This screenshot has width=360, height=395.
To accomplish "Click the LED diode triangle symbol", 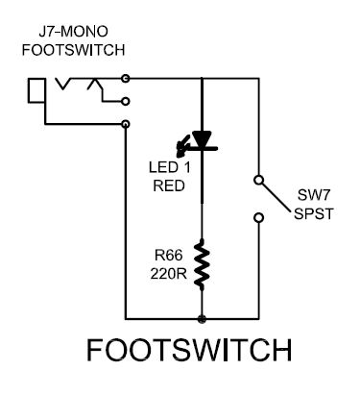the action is pos(202,139).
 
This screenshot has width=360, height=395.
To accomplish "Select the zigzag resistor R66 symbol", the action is pos(202,263).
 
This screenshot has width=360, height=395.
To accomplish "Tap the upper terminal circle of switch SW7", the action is pos(258,180).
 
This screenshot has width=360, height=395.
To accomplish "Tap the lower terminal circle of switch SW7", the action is pos(258,218).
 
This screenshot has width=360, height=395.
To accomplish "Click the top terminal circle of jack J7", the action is pos(126,78).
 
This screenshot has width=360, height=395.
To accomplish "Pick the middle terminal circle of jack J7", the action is pos(126,101).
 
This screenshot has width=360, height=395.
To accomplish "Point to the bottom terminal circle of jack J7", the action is pos(126,124).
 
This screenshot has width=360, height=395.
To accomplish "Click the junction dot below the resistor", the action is pos(202,319).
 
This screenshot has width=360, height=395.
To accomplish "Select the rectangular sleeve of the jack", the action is pos(36,90).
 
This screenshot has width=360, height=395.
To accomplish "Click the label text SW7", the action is pos(313,195).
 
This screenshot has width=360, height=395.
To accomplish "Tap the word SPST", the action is pos(314,213).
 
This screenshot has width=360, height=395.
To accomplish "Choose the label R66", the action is pos(169,255).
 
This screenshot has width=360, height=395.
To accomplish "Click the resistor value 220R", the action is pos(169,274).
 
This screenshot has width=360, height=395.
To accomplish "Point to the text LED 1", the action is pos(169,167).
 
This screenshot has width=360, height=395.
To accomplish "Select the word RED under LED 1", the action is pos(169,185).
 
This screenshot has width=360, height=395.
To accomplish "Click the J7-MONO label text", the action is pos(73,32).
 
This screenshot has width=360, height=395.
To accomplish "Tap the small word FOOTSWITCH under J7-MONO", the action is pos(73,50).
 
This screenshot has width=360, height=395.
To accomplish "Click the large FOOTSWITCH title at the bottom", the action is pos(189,350).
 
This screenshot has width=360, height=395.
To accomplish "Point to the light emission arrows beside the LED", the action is pos(183,147).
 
